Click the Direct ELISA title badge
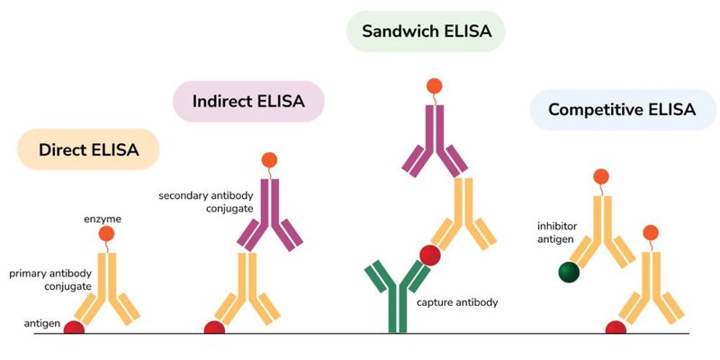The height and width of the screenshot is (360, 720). pyautogui.click(x=88, y=149)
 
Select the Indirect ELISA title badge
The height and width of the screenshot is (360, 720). pyautogui.click(x=248, y=102)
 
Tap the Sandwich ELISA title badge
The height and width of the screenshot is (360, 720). pyautogui.click(x=426, y=31)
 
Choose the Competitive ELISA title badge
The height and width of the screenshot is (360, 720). pyautogui.click(x=622, y=110)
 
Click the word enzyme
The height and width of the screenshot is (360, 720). pyautogui.click(x=103, y=219)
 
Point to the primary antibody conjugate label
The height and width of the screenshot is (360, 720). pyautogui.click(x=50, y=280)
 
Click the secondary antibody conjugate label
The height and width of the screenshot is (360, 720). pyautogui.click(x=206, y=202)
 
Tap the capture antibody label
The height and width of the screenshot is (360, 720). pyautogui.click(x=457, y=302)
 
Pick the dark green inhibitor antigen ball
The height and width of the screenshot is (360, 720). pyautogui.click(x=569, y=272)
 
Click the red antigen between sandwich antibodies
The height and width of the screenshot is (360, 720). pyautogui.click(x=430, y=256)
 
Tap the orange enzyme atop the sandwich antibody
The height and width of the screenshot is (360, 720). pyautogui.click(x=434, y=85)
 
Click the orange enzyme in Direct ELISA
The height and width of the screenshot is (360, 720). pyautogui.click(x=106, y=234)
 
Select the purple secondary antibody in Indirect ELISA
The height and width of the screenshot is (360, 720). pyautogui.click(x=269, y=215)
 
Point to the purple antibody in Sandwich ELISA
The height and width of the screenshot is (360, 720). pyautogui.click(x=435, y=141)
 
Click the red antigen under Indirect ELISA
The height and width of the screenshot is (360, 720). pyautogui.click(x=214, y=328)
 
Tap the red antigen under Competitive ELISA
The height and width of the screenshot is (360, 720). pyautogui.click(x=616, y=328)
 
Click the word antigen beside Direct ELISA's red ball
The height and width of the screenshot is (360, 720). pyautogui.click(x=42, y=324)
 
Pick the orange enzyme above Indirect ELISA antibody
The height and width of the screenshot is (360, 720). pyautogui.click(x=269, y=160)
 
